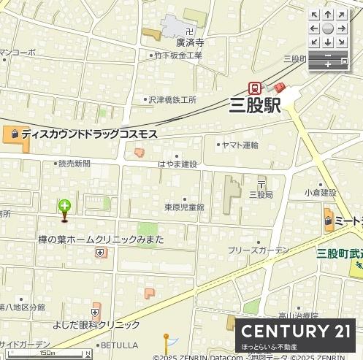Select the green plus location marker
64,207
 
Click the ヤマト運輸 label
240,145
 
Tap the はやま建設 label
177,164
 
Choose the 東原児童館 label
184,207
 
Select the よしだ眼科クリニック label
96,325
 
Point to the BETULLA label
119,345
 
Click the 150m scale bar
47,353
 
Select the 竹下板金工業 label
178,55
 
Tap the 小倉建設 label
321,193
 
